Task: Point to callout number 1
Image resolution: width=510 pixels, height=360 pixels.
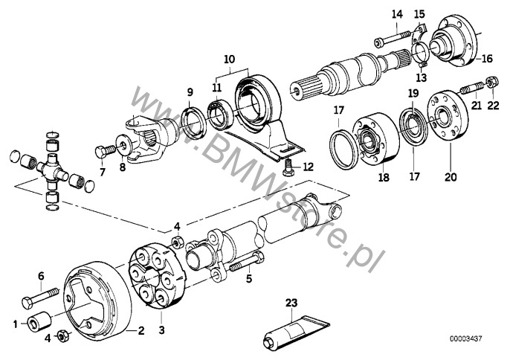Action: point(15,324)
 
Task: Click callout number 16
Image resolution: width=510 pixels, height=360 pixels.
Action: point(487,58)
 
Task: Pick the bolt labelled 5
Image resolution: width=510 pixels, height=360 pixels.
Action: point(241,263)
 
